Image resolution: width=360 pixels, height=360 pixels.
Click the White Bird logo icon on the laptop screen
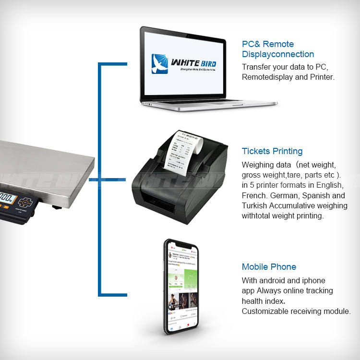click(160, 63)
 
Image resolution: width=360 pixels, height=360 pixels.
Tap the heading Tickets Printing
click(272, 151)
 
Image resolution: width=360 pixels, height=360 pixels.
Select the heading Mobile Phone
click(269, 267)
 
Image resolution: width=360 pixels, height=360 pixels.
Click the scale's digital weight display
click(6, 197)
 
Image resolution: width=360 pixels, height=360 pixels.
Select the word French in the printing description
click(255, 196)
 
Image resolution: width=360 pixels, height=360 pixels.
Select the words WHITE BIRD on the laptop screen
click(193, 63)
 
